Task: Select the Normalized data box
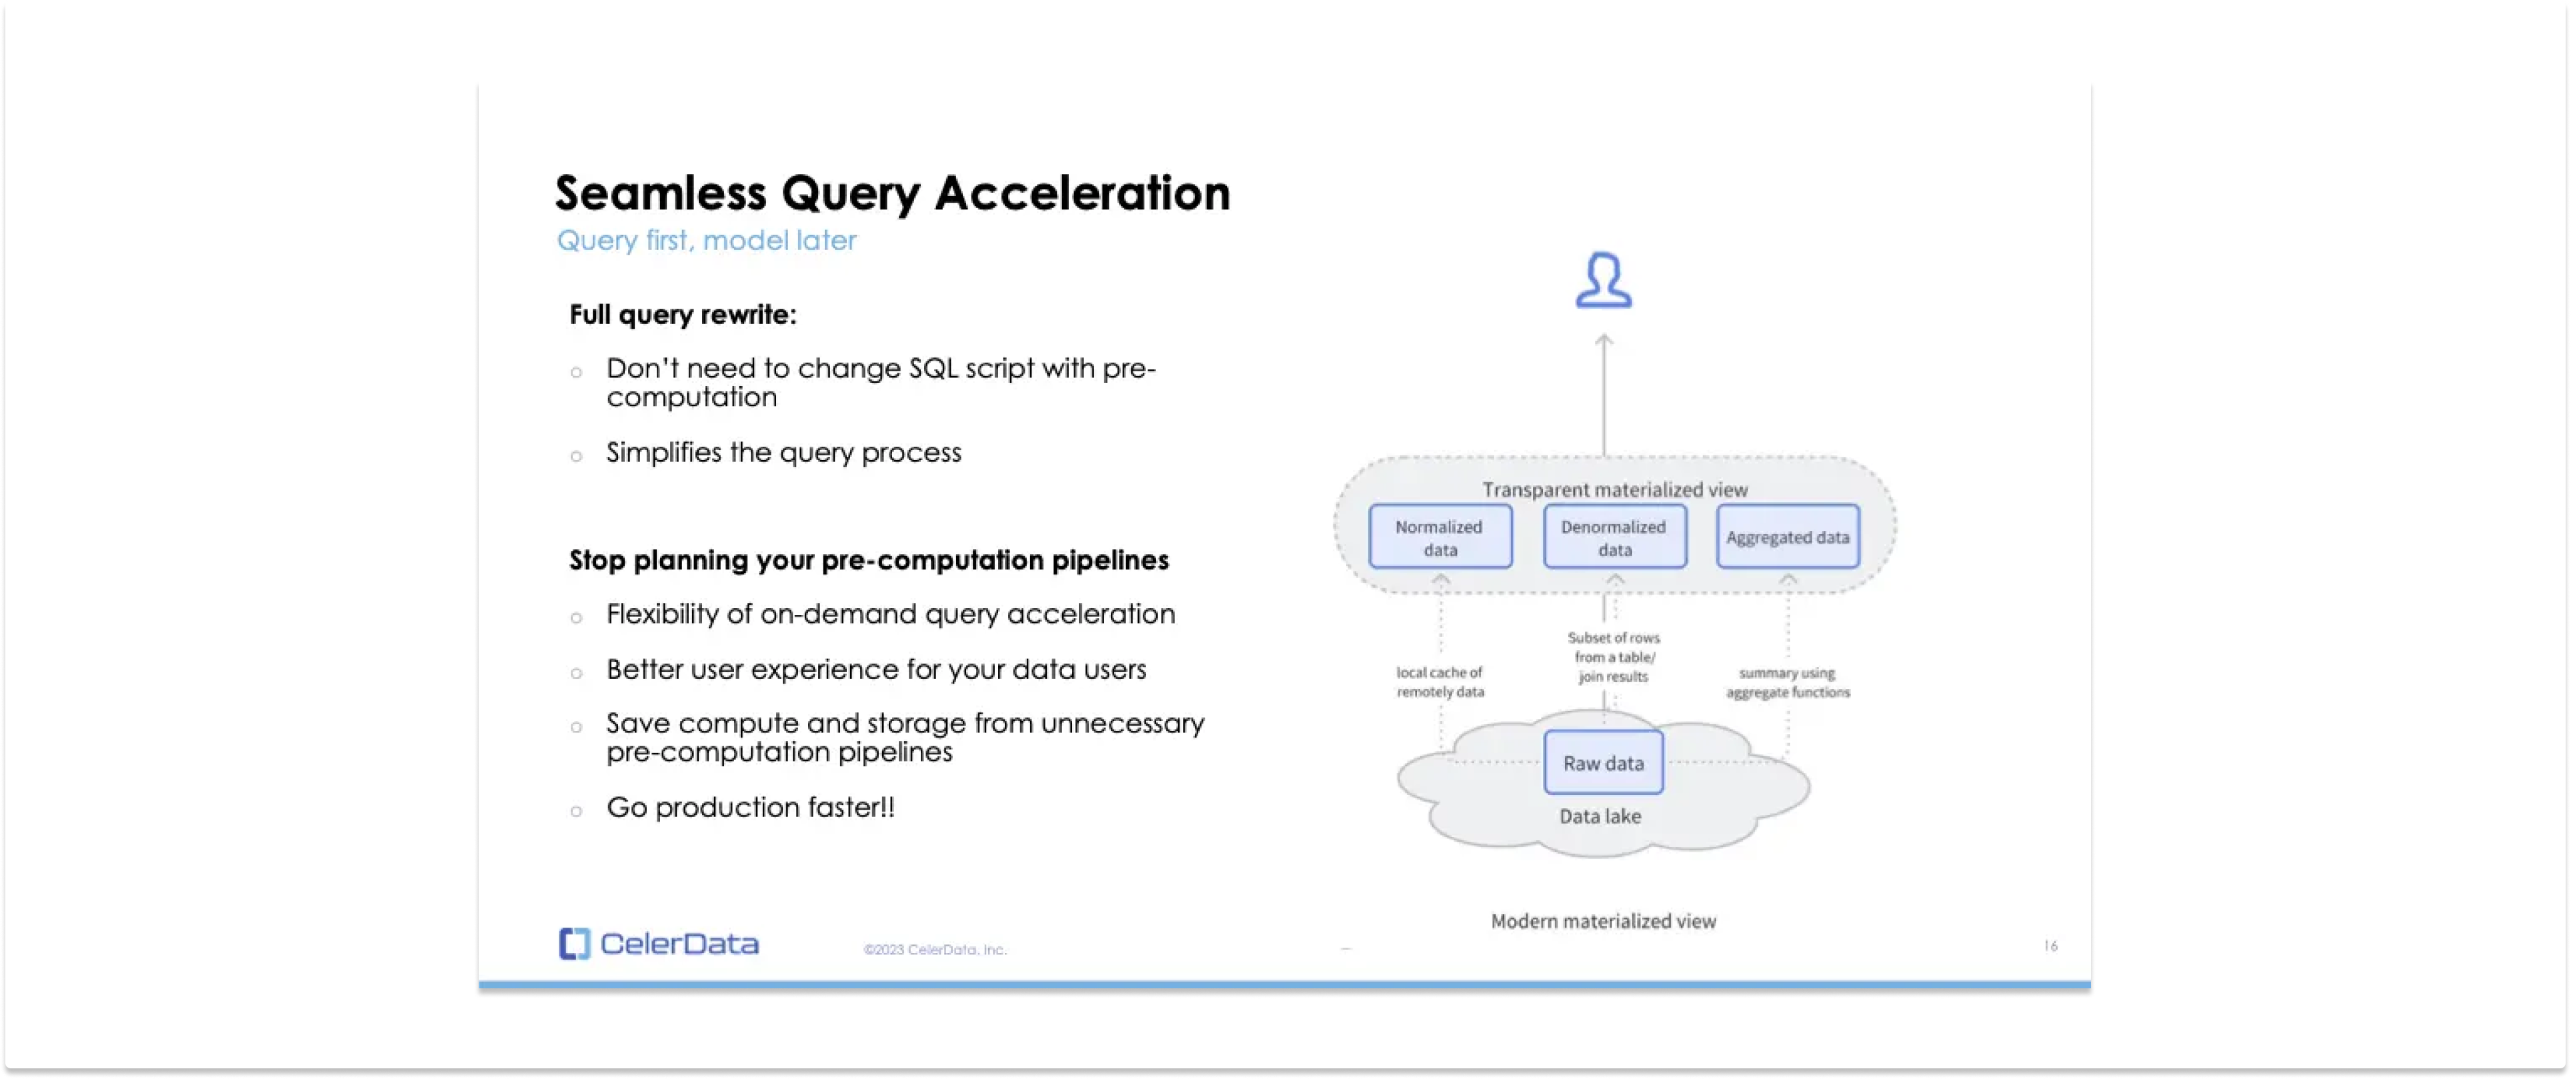(1440, 537)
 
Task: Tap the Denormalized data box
(1614, 537)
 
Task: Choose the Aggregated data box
(1788, 537)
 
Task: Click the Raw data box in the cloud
(1603, 763)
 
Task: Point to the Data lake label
(1600, 816)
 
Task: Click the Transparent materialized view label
(1614, 489)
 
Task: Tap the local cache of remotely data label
(1440, 682)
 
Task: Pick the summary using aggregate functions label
(1788, 683)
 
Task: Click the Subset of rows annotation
(1613, 657)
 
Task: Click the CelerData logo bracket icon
(574, 943)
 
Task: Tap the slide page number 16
(2050, 945)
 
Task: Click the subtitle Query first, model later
(705, 241)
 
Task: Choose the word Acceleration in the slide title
(1082, 193)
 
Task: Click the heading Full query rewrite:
(683, 314)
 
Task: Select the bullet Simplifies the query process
(783, 453)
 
